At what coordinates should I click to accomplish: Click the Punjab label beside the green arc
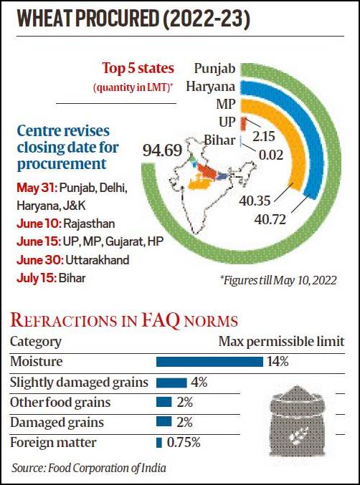coord(214,69)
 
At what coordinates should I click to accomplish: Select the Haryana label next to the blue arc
coord(211,87)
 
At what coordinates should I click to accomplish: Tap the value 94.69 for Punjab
coord(162,150)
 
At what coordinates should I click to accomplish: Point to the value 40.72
coord(270,220)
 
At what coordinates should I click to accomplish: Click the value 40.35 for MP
coord(255,201)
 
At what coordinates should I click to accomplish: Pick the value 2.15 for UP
coord(264,136)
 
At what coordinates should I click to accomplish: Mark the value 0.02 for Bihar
coord(271,155)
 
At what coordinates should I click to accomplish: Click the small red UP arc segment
coord(244,123)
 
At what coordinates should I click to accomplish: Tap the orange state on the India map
coord(199,182)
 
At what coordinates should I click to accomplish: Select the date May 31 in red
coord(37,188)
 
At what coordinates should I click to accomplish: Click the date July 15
coord(37,278)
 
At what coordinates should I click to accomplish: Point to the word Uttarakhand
coord(98,260)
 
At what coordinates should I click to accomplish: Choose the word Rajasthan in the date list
coord(89,224)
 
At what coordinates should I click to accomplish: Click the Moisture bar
coord(209,362)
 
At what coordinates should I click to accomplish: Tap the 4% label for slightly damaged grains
coord(199,383)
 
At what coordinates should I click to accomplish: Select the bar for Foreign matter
coord(159,443)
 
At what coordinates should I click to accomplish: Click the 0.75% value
coord(184,443)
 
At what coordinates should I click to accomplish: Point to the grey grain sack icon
coord(297,421)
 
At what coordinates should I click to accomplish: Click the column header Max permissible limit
coord(281,342)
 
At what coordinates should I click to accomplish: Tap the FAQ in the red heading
coord(161,320)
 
